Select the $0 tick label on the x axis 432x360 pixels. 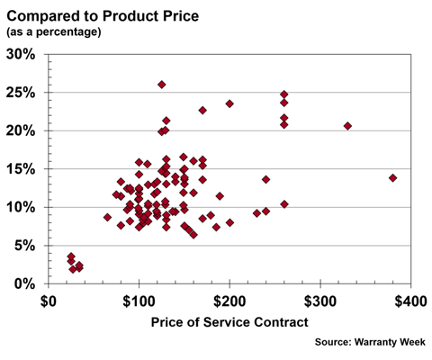click(49, 300)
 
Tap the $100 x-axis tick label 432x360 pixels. click(139, 300)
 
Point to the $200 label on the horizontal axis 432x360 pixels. click(230, 300)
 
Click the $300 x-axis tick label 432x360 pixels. click(320, 300)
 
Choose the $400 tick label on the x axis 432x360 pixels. click(410, 300)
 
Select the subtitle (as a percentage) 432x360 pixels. click(54, 31)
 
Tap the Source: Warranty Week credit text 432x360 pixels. click(372, 342)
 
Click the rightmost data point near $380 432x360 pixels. click(392, 178)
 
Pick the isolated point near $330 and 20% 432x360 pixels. click(347, 126)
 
